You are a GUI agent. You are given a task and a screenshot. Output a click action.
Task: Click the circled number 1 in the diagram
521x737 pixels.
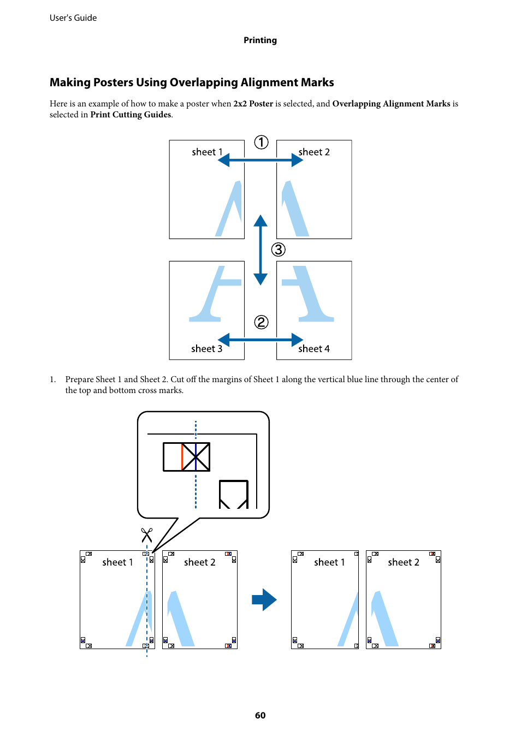(x=261, y=142)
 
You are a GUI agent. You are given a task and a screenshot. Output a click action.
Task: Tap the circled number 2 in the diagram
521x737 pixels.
(x=261, y=322)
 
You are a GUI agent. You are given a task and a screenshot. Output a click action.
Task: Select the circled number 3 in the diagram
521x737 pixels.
(x=279, y=249)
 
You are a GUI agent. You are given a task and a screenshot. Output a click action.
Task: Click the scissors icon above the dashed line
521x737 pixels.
(x=146, y=535)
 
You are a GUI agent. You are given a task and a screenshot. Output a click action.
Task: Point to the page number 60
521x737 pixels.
(x=260, y=715)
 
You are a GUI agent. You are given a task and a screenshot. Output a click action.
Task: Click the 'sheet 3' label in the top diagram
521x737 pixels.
(x=206, y=349)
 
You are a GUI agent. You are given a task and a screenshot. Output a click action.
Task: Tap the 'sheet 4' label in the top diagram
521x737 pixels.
(x=313, y=349)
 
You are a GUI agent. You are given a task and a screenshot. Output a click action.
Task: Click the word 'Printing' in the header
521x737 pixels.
(x=260, y=40)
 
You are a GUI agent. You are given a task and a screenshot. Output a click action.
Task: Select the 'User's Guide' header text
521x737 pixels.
(x=73, y=18)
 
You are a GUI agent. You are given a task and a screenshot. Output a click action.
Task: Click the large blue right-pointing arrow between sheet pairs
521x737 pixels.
(x=264, y=599)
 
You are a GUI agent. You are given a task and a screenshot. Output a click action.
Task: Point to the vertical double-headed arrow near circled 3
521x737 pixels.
(x=260, y=249)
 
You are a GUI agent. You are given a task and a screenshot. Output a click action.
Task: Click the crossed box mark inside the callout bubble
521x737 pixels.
(x=196, y=457)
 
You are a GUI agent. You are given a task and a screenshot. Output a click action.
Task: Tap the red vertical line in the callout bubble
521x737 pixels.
(x=182, y=457)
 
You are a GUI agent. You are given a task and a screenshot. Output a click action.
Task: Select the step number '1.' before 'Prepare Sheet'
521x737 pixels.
(x=53, y=379)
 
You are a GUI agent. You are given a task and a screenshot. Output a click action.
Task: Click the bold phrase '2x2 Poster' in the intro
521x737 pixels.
(x=253, y=104)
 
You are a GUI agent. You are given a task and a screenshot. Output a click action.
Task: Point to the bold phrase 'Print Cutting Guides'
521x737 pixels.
(x=131, y=115)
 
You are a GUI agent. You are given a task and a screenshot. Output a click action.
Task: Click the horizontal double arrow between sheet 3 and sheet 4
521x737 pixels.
(x=260, y=340)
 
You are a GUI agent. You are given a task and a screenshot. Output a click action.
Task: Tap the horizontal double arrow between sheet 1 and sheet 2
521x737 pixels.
(x=260, y=160)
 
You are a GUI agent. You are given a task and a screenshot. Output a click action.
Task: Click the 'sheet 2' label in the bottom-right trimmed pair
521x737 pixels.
(x=404, y=562)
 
